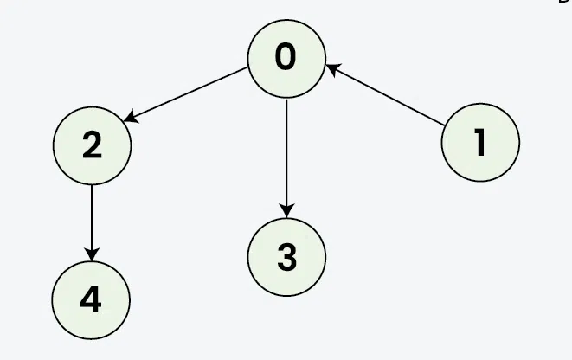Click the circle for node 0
(286, 59)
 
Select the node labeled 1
(480, 142)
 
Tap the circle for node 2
(92, 145)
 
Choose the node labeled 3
(286, 257)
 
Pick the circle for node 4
(91, 300)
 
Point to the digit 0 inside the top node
(286, 56)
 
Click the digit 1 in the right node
(480, 142)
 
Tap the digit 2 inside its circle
(92, 145)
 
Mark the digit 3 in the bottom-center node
(287, 258)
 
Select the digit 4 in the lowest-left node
(91, 299)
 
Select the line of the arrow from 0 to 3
(286, 158)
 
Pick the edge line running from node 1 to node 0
(385, 95)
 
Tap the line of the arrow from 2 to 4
(92, 223)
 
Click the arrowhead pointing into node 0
(332, 68)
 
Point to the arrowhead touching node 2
(131, 118)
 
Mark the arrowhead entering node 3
(286, 211)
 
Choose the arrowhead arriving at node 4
(92, 254)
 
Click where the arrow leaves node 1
(444, 125)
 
